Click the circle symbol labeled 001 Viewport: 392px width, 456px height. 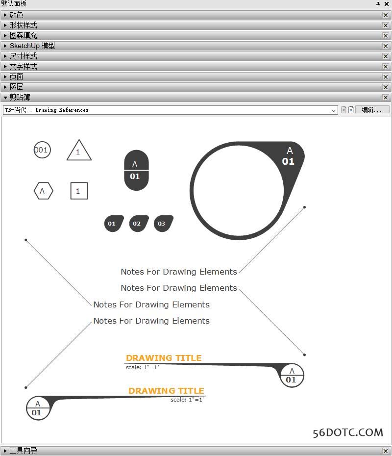(x=42, y=150)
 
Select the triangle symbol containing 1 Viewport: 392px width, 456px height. (x=78, y=152)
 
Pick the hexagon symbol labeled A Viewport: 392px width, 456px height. (x=43, y=191)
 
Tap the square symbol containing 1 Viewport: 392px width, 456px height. (x=79, y=191)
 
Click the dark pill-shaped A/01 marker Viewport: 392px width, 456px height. (x=136, y=170)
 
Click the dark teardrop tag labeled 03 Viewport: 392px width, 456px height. (x=163, y=224)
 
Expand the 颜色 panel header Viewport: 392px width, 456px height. (x=17, y=15)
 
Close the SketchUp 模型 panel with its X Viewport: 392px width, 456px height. (x=386, y=46)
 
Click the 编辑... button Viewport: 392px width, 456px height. (x=372, y=110)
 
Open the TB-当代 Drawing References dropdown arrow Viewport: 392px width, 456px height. (x=334, y=110)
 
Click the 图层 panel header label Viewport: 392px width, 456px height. (x=17, y=87)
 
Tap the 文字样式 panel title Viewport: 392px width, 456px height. (x=24, y=66)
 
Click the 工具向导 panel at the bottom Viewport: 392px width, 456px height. (x=24, y=451)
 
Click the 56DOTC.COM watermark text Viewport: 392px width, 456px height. (x=348, y=432)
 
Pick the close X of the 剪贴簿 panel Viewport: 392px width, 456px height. (x=386, y=98)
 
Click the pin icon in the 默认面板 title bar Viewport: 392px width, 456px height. (x=378, y=4)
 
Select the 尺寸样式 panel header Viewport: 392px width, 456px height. (x=24, y=56)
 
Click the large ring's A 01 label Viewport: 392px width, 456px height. (x=289, y=156)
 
